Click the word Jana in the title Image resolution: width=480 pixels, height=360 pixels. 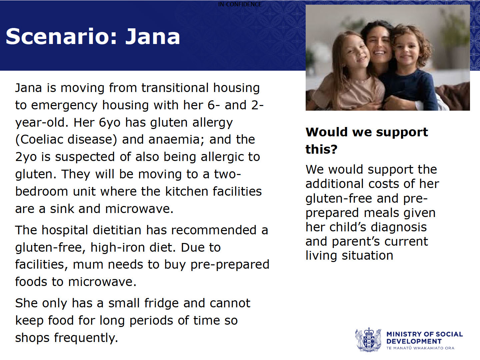[x=153, y=37]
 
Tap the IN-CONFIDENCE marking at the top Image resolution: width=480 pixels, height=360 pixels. [x=240, y=4]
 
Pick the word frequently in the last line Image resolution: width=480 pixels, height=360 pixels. [x=86, y=338]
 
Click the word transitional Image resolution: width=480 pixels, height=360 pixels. [x=175, y=88]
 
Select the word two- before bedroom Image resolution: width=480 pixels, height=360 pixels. [x=227, y=174]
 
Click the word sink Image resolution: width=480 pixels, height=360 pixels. [x=62, y=209]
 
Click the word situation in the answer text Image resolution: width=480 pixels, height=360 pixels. [x=367, y=256]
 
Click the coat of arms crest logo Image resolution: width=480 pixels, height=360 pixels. [x=368, y=339]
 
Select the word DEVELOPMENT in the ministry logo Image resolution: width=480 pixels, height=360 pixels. [x=414, y=341]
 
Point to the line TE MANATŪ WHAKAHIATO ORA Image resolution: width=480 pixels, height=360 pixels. [x=420, y=348]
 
